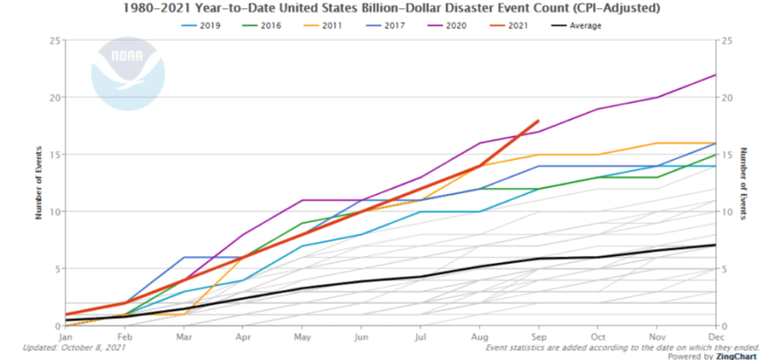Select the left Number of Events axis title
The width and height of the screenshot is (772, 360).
tap(38, 183)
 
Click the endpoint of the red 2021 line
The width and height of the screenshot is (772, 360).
tap(537, 120)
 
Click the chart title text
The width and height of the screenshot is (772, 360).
tap(386, 8)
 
